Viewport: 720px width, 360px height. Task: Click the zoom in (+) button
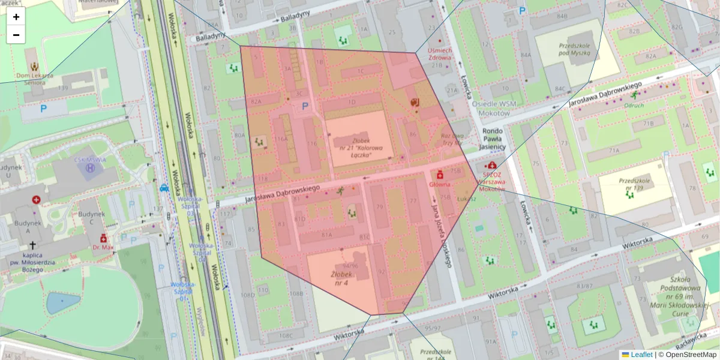pyautogui.click(x=16, y=17)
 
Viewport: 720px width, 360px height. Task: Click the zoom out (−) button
pyautogui.click(x=16, y=35)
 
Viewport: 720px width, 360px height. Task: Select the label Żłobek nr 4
pyautogui.click(x=340, y=278)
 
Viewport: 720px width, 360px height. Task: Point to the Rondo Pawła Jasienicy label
pyautogui.click(x=492, y=139)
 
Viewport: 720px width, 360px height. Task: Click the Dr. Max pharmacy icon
pyautogui.click(x=103, y=238)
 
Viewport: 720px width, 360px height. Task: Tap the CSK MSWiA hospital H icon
pyautogui.click(x=91, y=169)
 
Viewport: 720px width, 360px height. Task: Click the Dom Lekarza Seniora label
pyautogui.click(x=35, y=79)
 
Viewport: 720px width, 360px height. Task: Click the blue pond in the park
pyautogui.click(x=63, y=303)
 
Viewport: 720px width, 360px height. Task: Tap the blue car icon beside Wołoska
pyautogui.click(x=164, y=187)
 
